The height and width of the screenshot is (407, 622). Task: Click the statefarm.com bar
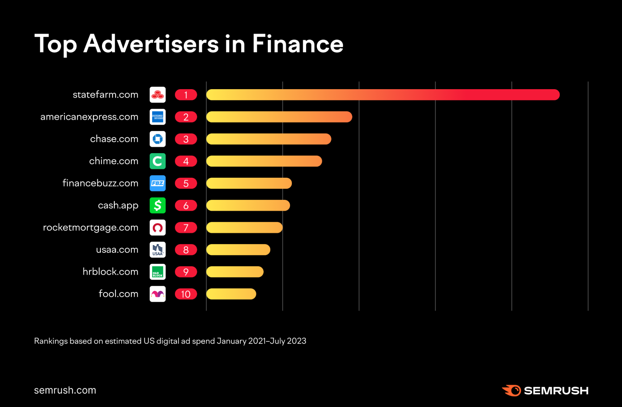pos(383,95)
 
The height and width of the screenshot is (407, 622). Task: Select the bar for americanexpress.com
pos(279,117)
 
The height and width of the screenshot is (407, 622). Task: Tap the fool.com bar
pos(231,294)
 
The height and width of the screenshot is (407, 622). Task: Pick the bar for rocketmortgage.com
pos(244,228)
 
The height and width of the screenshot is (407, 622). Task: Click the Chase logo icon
pos(157,139)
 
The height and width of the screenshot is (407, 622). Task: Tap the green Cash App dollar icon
pos(157,205)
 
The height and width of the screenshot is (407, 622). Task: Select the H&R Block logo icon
pos(157,272)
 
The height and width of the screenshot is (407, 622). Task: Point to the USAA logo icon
pos(157,250)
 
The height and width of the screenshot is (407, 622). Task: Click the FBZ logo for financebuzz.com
pos(157,183)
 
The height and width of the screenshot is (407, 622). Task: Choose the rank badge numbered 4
pos(186,161)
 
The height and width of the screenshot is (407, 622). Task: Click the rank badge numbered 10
pos(186,294)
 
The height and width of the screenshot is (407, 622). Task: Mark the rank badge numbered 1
pos(186,95)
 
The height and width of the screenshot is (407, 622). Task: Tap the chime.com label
pos(114,161)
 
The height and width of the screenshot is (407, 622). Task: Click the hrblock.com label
pos(110,272)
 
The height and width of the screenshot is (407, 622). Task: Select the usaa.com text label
pos(117,249)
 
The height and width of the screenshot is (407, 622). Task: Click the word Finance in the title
pos(297,44)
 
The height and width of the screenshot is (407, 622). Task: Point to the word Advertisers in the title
pos(151,44)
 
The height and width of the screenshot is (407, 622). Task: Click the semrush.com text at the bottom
pos(65,390)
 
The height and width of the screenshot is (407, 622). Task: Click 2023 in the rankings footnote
pos(297,341)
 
